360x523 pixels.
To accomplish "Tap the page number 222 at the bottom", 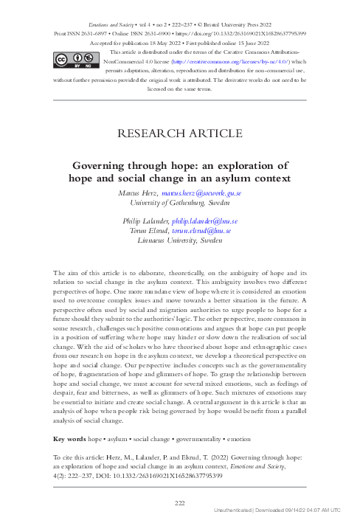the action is tap(180, 503).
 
